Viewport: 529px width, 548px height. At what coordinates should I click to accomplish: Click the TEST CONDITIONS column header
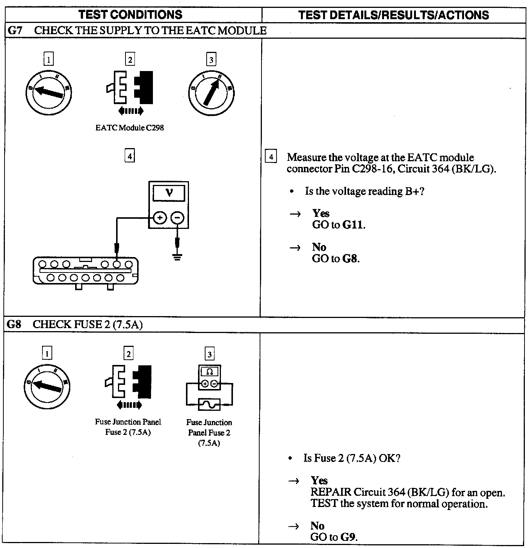(x=130, y=15)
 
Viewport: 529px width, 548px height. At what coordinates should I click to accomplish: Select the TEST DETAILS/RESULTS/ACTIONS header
(x=393, y=15)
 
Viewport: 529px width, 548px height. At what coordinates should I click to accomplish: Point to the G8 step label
(x=14, y=324)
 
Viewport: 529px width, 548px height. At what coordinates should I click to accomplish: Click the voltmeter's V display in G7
(x=169, y=193)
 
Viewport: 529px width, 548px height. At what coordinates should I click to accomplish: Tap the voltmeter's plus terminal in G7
(x=160, y=218)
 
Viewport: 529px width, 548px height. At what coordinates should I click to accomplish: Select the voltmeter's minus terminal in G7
(x=177, y=218)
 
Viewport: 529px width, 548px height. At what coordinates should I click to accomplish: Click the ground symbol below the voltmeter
(x=177, y=257)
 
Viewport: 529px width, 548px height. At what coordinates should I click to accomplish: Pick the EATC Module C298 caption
(x=130, y=127)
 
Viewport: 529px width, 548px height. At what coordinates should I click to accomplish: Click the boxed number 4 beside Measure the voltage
(x=271, y=156)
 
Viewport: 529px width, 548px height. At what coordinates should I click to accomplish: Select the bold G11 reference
(x=354, y=225)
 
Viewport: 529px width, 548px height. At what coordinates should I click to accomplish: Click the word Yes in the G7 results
(x=320, y=213)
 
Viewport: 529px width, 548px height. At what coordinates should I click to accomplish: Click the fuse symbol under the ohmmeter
(x=209, y=404)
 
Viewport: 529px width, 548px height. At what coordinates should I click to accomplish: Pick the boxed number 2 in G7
(x=130, y=60)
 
